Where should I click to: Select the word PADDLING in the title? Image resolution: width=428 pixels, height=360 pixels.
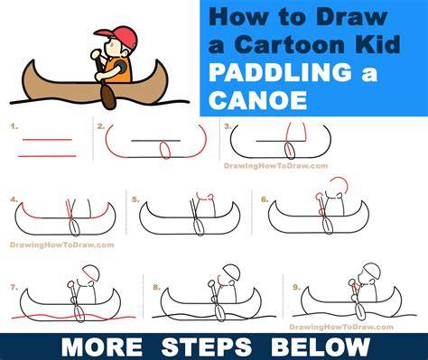pyautogui.click(x=280, y=72)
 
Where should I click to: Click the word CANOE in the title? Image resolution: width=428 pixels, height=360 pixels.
pyautogui.click(x=257, y=100)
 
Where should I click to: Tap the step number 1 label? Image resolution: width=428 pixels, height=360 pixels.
pyautogui.click(x=14, y=126)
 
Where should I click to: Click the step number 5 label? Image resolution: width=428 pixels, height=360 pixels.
pyautogui.click(x=135, y=199)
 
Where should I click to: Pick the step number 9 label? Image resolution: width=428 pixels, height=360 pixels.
pyautogui.click(x=296, y=287)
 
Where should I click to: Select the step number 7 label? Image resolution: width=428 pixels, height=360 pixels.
pyautogui.click(x=14, y=287)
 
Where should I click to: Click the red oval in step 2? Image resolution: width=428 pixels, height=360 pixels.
pyautogui.click(x=165, y=150)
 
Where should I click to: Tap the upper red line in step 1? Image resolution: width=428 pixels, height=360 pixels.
pyautogui.click(x=47, y=140)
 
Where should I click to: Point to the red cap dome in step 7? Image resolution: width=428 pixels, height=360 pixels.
pyautogui.click(x=91, y=272)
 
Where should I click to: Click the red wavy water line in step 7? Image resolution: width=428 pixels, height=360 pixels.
pyautogui.click(x=73, y=317)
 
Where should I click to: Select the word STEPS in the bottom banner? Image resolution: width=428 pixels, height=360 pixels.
pyautogui.click(x=207, y=347)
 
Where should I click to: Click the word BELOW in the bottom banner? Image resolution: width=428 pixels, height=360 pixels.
pyautogui.click(x=321, y=347)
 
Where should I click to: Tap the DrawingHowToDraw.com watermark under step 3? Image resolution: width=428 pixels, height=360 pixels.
pyautogui.click(x=275, y=166)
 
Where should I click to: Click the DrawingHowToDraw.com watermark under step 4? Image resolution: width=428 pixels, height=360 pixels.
pyautogui.click(x=62, y=245)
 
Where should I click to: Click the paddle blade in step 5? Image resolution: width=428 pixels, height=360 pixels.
pyautogui.click(x=199, y=227)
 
